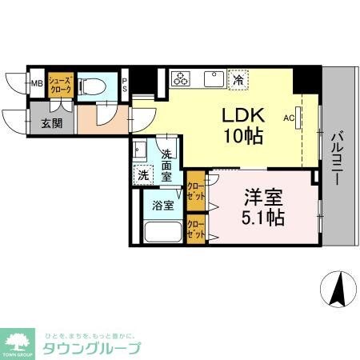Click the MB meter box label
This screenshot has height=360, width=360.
point(37,82)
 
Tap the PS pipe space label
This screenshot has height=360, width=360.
point(125,83)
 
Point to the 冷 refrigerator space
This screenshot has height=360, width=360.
point(238,78)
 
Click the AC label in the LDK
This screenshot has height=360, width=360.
point(289,116)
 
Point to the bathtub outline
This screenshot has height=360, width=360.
point(162,233)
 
